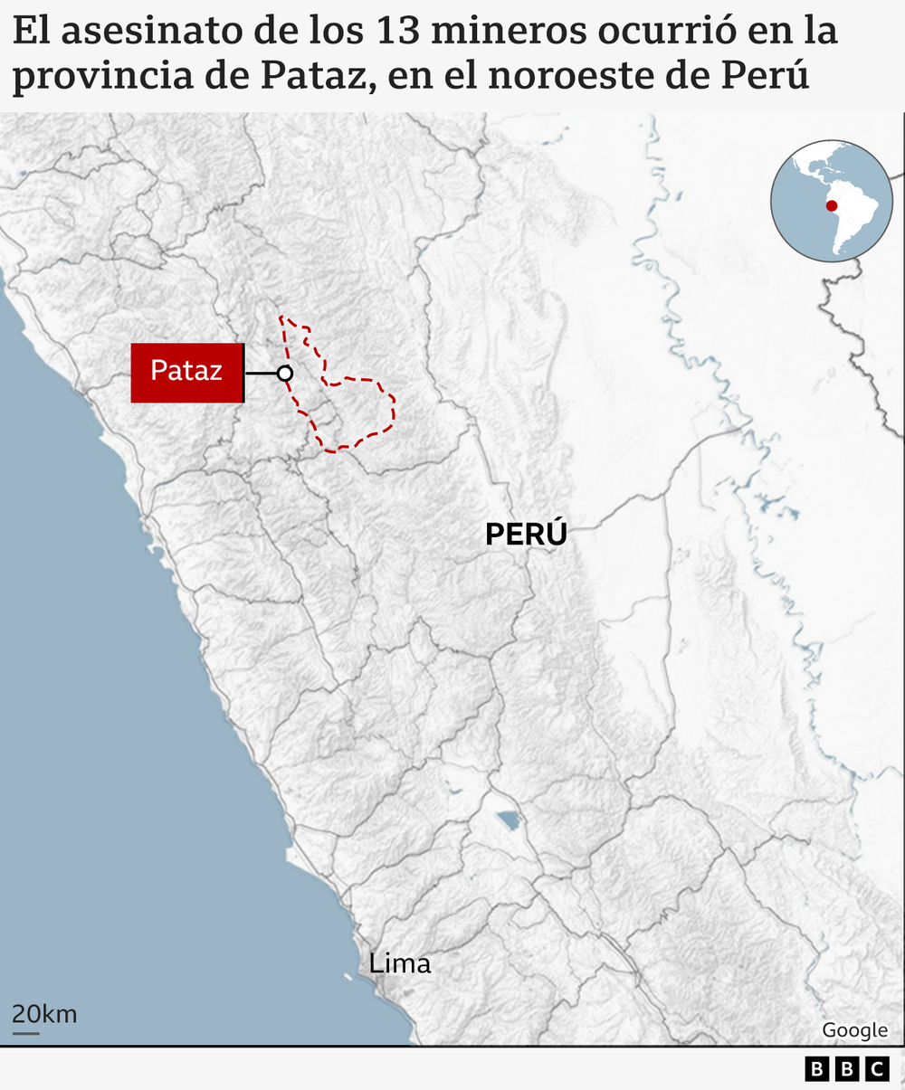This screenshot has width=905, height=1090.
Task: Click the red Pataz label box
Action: tap(187, 372)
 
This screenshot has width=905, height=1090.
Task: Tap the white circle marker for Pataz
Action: tap(285, 373)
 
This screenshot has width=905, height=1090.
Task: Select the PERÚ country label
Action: tap(526, 534)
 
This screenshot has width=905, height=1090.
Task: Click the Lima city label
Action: tap(400, 963)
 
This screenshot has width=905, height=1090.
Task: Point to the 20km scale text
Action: tap(44, 1013)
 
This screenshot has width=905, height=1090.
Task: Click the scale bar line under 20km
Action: tap(25, 1032)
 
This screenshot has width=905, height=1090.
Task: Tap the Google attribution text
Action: tap(854, 1030)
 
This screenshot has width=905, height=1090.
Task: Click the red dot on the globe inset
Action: tap(832, 206)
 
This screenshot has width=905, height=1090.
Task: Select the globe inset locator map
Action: tap(832, 201)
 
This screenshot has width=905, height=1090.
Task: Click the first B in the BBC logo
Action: tap(817, 1070)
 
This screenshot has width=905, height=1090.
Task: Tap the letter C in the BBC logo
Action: tap(877, 1070)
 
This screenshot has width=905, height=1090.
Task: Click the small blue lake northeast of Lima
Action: tap(508, 820)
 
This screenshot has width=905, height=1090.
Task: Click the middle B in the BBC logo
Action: tap(847, 1070)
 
